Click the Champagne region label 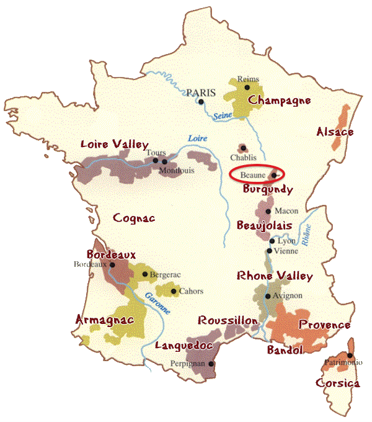click(280, 101)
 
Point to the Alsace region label click(335, 132)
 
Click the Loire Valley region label click(114, 145)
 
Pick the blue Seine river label click(222, 115)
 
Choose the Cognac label click(134, 218)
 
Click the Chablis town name click(243, 157)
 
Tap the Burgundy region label click(268, 189)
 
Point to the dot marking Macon click(268, 211)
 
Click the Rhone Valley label click(275, 276)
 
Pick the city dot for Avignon click(268, 296)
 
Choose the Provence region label click(324, 325)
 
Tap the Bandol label click(285, 351)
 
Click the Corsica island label click(338, 384)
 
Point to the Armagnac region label click(104, 320)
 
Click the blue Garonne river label click(157, 300)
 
